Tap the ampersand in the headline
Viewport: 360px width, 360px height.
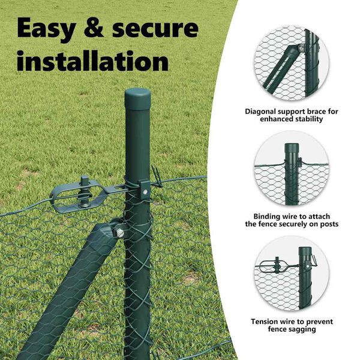(x=94, y=28)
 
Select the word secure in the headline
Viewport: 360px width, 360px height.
(x=155, y=28)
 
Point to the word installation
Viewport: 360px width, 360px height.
(x=92, y=61)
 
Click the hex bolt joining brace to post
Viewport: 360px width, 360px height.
(x=120, y=233)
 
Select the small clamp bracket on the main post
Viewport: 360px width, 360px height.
(x=144, y=188)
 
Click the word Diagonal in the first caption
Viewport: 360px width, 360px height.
(x=260, y=112)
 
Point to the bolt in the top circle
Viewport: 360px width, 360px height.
(x=301, y=48)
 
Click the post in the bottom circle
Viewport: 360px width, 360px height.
(x=305, y=278)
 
